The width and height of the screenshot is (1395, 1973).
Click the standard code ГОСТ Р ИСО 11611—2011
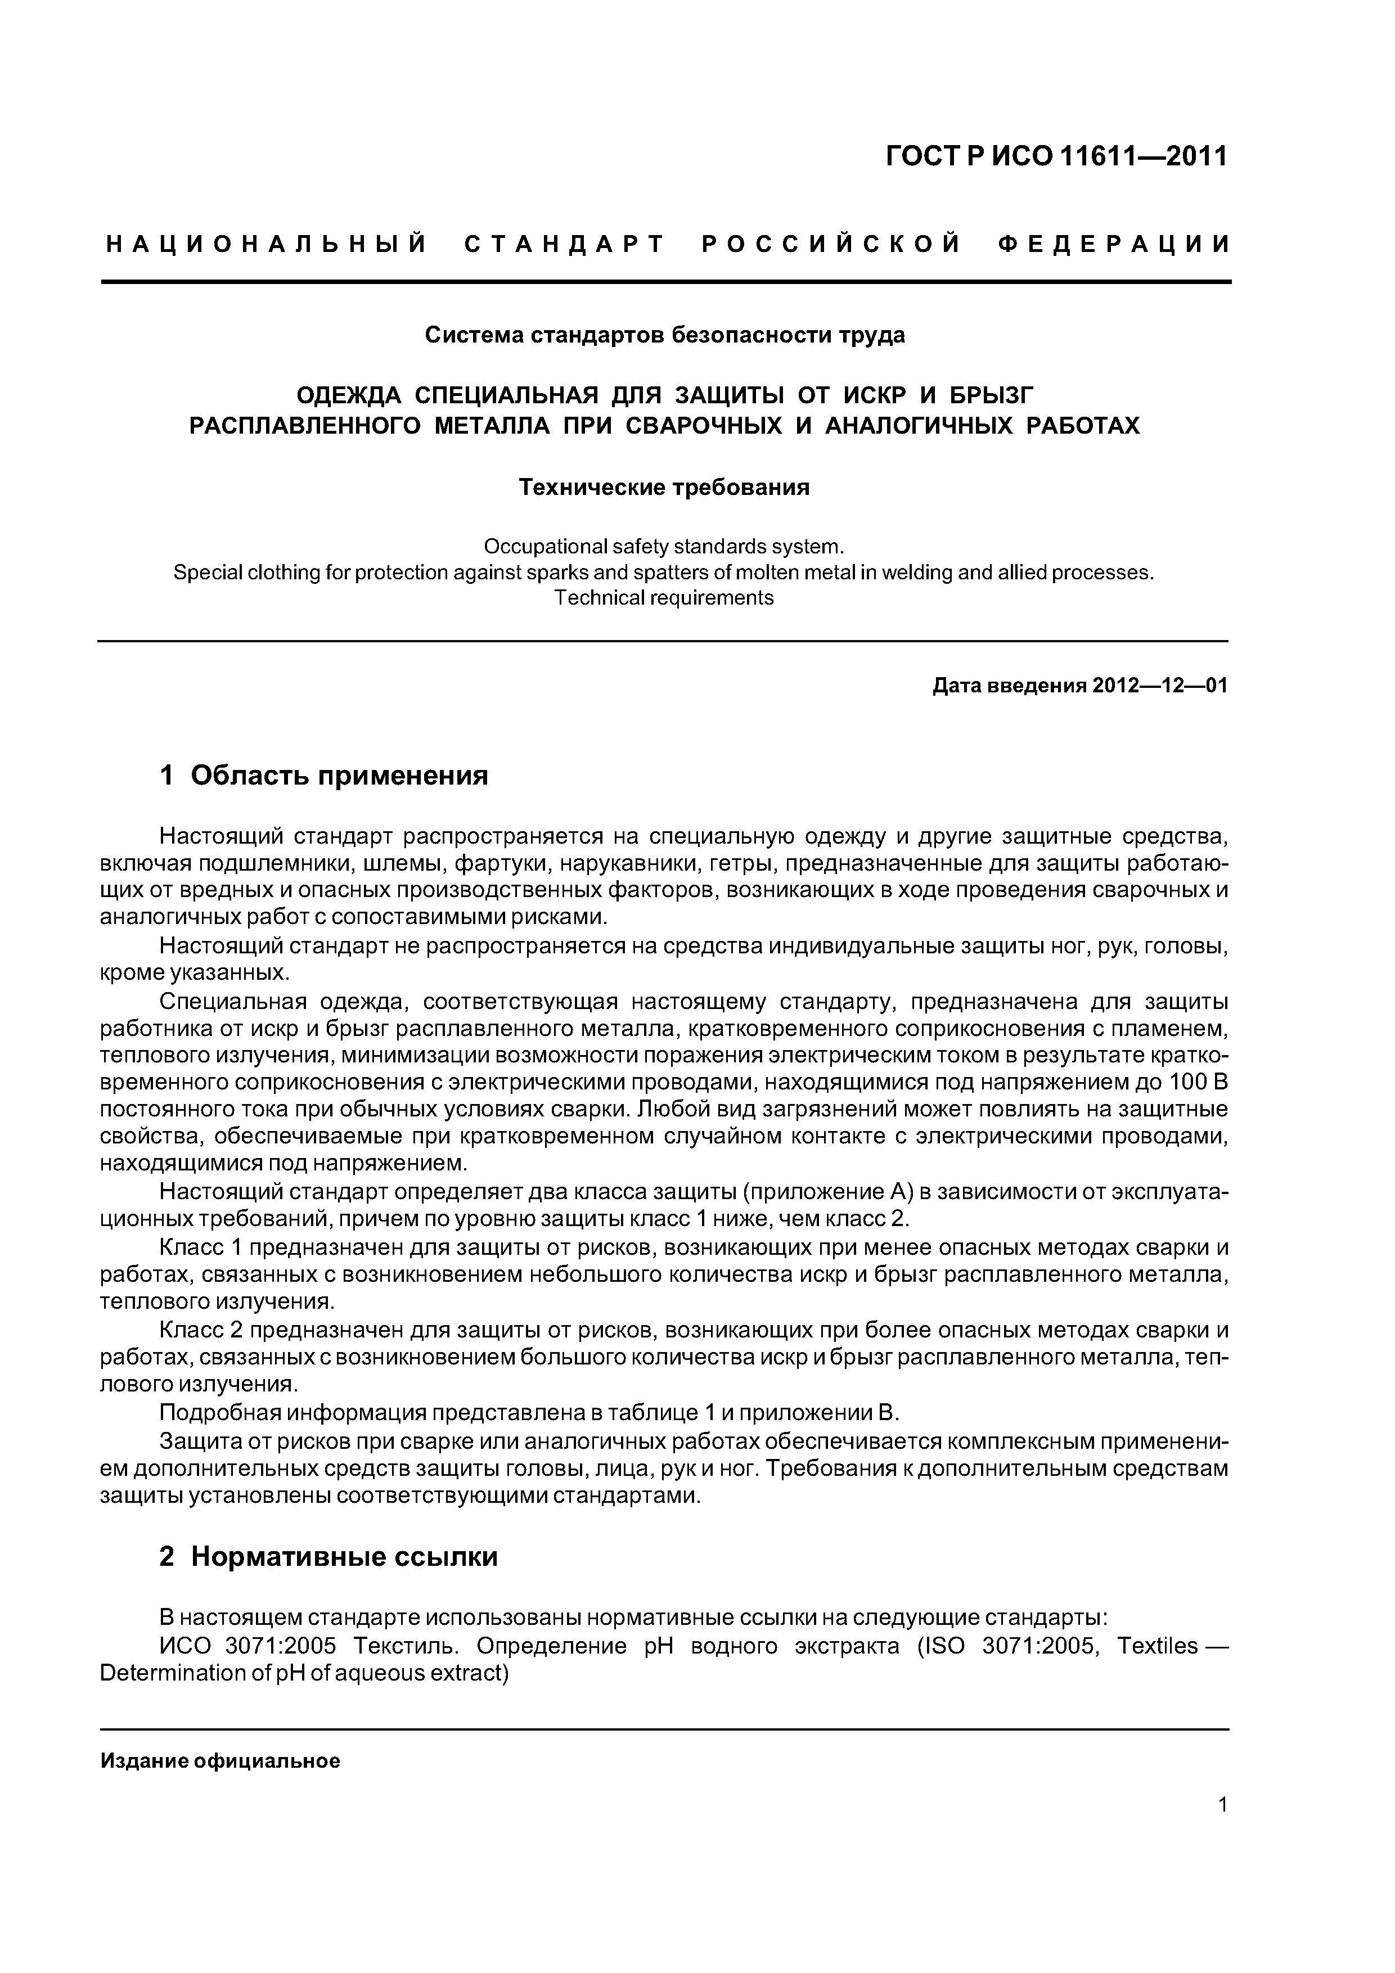click(x=1056, y=156)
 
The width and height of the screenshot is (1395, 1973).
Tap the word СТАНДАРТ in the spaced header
click(x=565, y=245)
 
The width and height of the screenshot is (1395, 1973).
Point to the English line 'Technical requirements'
click(x=664, y=598)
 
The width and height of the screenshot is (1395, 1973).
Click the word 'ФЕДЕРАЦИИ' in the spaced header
click(x=1114, y=245)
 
